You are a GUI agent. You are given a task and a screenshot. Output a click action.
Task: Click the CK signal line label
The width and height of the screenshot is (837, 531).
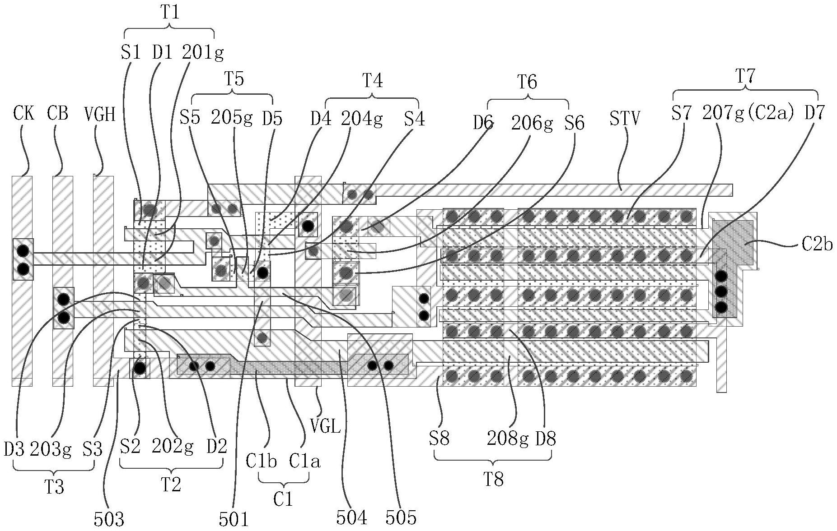click(23, 113)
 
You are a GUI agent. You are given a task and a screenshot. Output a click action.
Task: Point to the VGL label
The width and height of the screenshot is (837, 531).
click(325, 425)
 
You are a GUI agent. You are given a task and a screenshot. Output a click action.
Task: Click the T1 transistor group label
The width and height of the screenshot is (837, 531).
click(170, 12)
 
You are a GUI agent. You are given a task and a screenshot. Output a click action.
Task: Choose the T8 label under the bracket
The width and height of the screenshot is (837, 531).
click(493, 479)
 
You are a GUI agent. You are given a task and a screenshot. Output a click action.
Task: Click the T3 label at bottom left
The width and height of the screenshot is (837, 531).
click(54, 487)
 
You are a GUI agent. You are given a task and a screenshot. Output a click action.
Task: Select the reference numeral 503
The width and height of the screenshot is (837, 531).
click(108, 519)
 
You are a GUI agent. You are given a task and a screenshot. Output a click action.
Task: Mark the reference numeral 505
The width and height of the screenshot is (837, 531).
click(401, 517)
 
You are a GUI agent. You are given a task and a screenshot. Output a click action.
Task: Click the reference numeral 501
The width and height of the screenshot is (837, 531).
click(234, 519)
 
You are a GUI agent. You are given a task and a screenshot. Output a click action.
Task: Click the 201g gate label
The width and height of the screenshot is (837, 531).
click(202, 53)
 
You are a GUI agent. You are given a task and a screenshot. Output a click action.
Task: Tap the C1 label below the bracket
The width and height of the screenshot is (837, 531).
click(283, 499)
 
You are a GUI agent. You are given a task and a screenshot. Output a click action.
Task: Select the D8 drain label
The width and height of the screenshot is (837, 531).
click(545, 438)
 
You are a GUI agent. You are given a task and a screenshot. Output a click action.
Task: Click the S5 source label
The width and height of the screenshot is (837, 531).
click(190, 118)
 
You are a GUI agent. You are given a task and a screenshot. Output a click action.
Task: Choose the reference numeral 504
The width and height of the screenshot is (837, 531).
click(351, 517)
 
